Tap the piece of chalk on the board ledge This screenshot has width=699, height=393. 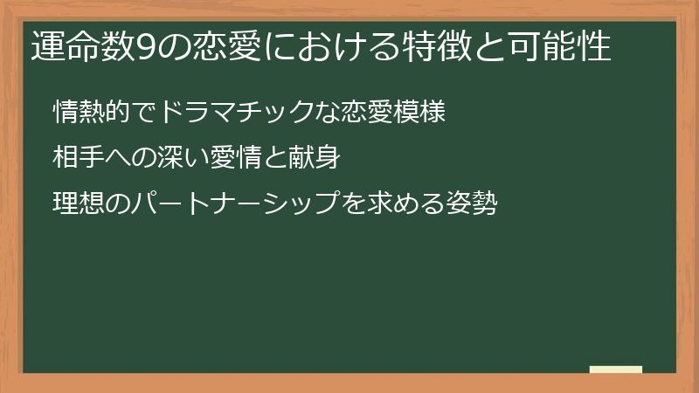[616, 369]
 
